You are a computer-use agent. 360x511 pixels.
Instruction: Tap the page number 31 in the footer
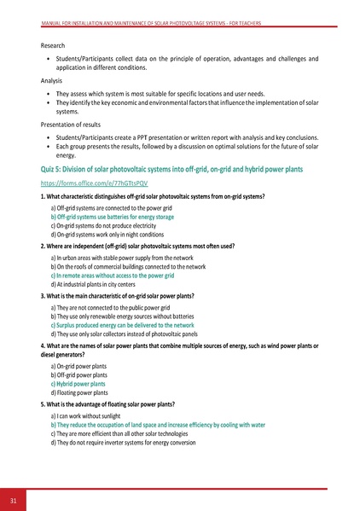pyautogui.click(x=14, y=498)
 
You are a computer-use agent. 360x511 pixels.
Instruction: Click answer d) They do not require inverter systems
pyautogui.click(x=124, y=443)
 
